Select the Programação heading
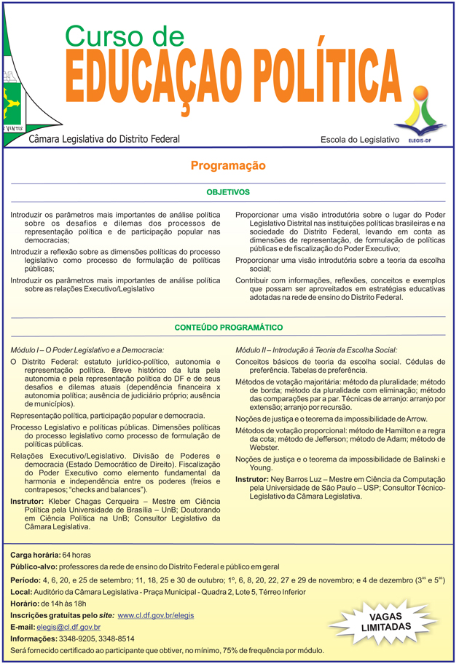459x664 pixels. (228, 167)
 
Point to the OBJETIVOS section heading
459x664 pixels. (228, 192)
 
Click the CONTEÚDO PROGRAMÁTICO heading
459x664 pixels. (228, 328)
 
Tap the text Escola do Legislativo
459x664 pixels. (360, 139)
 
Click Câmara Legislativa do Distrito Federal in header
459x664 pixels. (104, 138)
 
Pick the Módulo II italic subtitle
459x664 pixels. (316, 349)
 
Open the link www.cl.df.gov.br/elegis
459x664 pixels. (155, 615)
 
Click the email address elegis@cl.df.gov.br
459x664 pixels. (68, 627)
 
